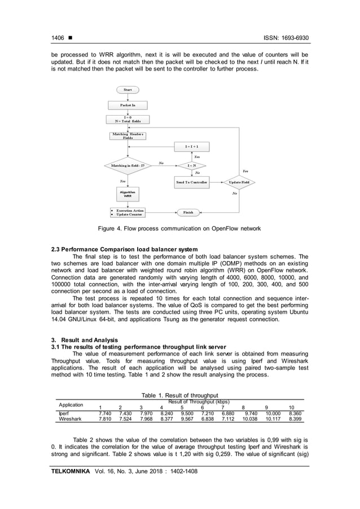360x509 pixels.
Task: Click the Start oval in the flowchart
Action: [x=127, y=90]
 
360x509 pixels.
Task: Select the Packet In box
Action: [x=127, y=105]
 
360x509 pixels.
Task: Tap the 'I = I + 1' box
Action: [x=192, y=146]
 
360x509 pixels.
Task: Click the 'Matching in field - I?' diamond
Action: [x=128, y=166]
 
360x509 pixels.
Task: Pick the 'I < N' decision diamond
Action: [x=192, y=166]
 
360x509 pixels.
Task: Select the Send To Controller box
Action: [x=192, y=183]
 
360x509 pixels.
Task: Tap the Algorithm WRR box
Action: [x=127, y=194]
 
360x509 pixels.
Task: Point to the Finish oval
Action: [x=188, y=213]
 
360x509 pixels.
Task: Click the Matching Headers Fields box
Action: [x=127, y=136]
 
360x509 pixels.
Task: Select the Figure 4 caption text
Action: [x=179, y=228]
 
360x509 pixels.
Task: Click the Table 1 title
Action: [x=179, y=396]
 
